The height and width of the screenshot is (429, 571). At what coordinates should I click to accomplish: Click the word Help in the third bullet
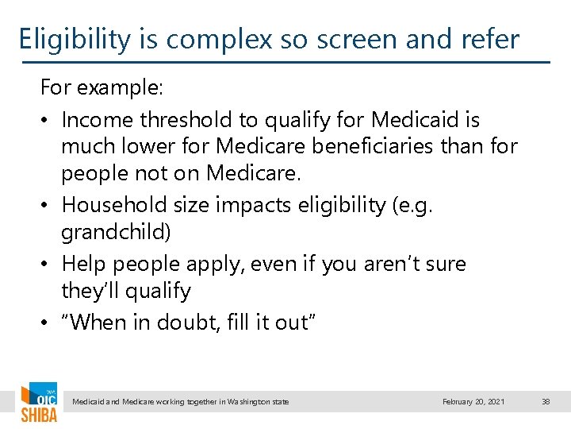click(82, 263)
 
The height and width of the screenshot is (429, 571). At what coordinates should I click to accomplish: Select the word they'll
click(88, 291)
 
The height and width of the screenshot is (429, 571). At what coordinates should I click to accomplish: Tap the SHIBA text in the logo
click(38, 415)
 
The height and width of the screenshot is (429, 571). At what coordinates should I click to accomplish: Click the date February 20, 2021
click(473, 402)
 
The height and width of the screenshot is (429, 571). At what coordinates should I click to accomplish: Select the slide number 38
click(546, 402)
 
